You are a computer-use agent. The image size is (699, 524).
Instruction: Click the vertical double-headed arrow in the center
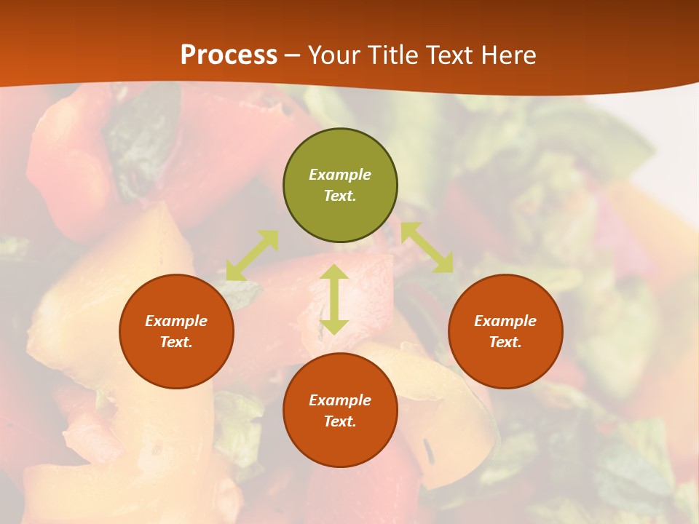[x=334, y=299]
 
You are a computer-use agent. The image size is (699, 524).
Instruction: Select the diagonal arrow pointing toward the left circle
[x=252, y=255]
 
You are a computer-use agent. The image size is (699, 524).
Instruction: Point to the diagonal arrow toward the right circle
[x=427, y=247]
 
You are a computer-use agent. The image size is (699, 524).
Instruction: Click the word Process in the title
[x=229, y=55]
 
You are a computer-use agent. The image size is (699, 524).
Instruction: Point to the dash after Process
[x=293, y=55]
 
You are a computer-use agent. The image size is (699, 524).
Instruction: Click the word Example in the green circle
[x=340, y=175]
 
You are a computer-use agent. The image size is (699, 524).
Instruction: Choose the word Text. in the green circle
[x=340, y=196]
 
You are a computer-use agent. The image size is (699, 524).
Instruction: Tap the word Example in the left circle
[x=176, y=321]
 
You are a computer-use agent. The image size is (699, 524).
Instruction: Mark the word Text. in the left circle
[x=176, y=342]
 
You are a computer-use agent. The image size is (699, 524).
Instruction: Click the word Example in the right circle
[x=505, y=321]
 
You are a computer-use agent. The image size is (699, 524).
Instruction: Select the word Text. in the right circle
[x=505, y=342]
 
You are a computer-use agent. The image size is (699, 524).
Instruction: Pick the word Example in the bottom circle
[x=340, y=400]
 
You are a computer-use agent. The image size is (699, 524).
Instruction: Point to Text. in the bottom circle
[x=340, y=421]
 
